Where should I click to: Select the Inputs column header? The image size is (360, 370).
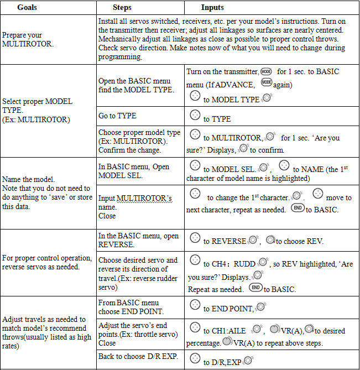click(x=212, y=8)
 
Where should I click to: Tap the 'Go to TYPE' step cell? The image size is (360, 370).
click(x=117, y=116)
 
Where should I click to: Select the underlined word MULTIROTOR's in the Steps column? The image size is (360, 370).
click(x=144, y=198)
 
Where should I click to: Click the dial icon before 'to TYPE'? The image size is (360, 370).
click(x=195, y=115)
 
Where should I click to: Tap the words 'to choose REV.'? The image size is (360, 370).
click(x=300, y=241)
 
